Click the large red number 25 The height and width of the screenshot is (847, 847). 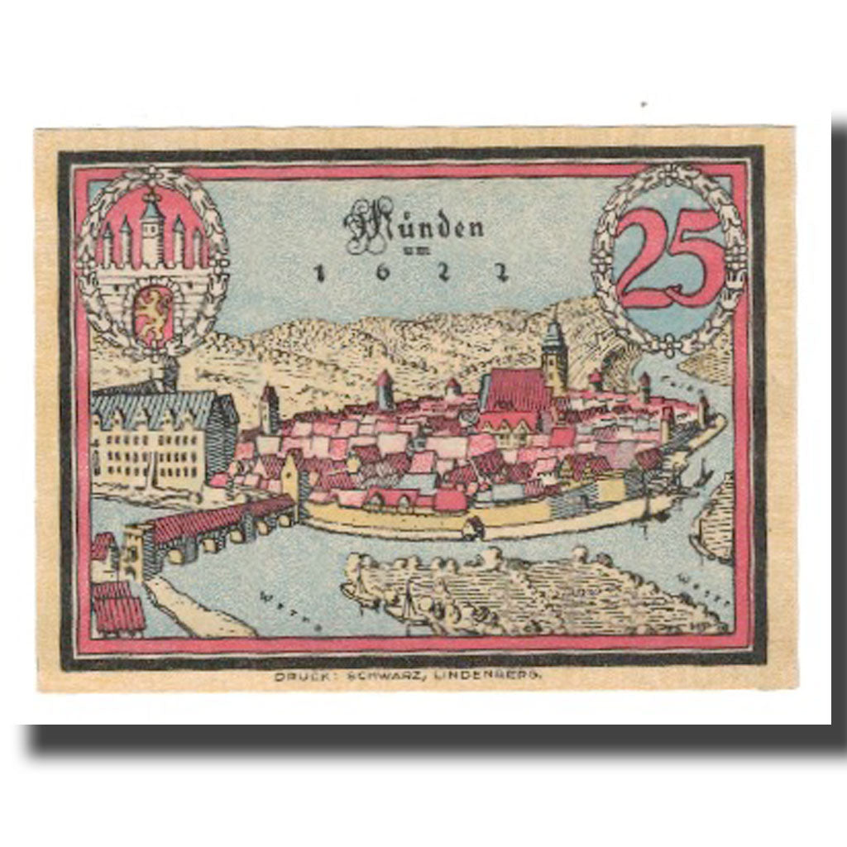[x=668, y=258]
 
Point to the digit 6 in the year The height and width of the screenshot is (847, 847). [x=380, y=274]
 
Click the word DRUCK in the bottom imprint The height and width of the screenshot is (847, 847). [x=299, y=676]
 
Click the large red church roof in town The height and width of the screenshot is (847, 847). [x=517, y=389]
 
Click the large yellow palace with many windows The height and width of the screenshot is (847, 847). [x=153, y=443]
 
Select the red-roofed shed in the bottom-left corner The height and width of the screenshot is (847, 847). [x=118, y=608]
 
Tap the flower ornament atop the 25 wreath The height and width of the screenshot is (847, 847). [x=669, y=171]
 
